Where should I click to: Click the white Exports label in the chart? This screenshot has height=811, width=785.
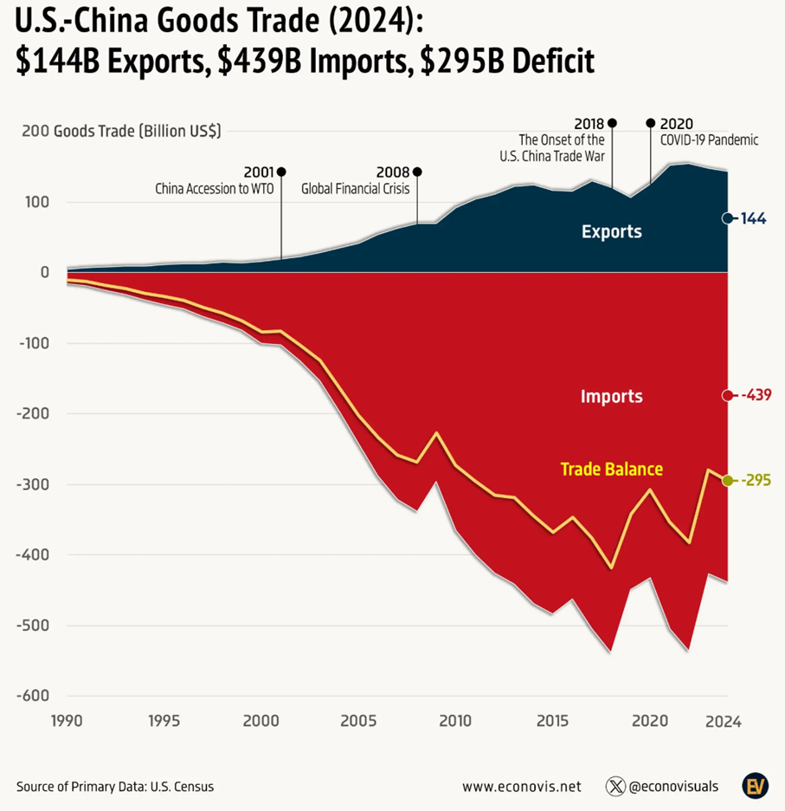click(x=611, y=232)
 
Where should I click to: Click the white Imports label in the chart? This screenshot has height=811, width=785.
click(x=611, y=397)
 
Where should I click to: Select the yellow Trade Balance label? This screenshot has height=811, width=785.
click(x=611, y=469)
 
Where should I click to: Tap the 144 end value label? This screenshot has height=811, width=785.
click(x=753, y=219)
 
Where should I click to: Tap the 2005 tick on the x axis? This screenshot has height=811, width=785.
click(x=358, y=720)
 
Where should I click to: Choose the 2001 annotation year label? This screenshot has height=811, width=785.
click(x=259, y=172)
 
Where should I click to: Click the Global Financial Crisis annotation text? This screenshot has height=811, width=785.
click(x=355, y=188)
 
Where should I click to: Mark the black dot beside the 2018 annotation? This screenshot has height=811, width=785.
click(x=613, y=123)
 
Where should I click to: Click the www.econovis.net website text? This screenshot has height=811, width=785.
click(x=521, y=787)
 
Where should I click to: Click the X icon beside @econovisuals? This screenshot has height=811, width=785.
click(x=615, y=787)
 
